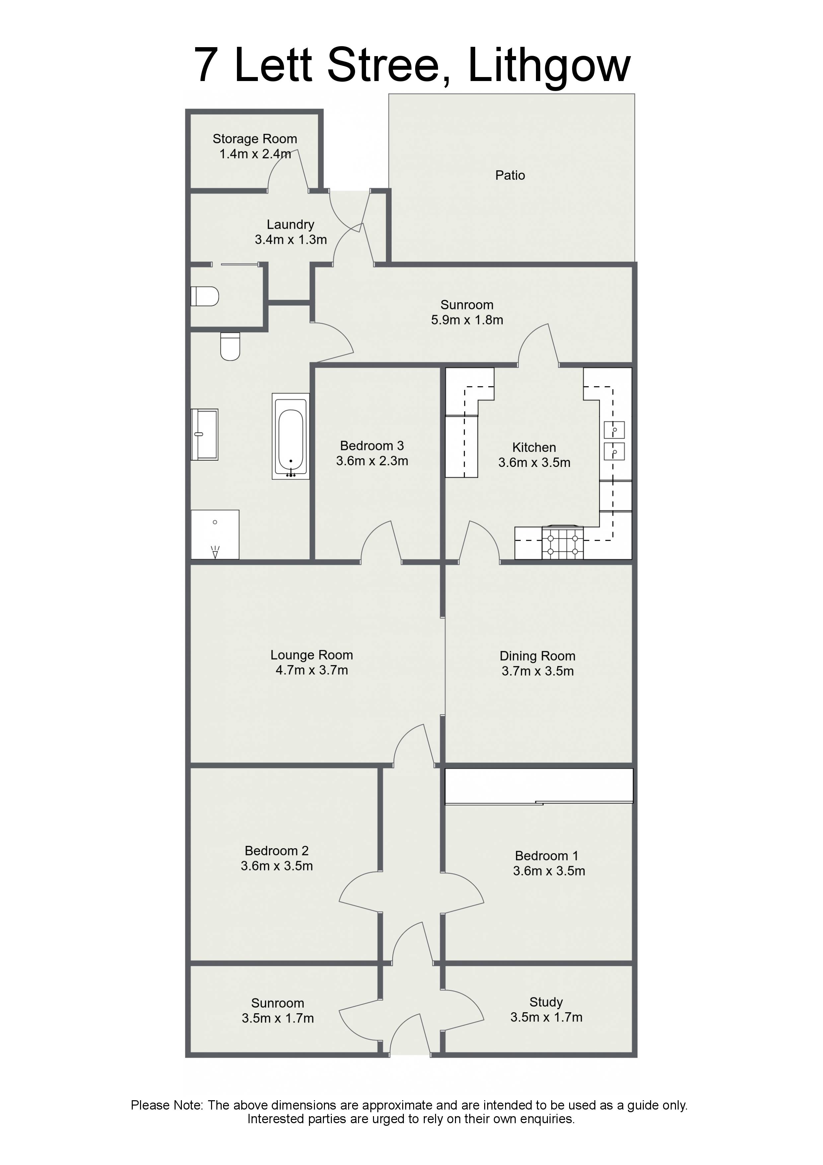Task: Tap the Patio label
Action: click(510, 176)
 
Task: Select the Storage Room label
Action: click(255, 139)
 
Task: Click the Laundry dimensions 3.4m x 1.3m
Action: click(291, 239)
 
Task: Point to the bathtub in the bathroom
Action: click(291, 436)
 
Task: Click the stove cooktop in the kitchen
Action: click(562, 542)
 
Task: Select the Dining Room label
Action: click(538, 657)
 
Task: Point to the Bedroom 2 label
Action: click(276, 851)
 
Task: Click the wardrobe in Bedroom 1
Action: click(539, 786)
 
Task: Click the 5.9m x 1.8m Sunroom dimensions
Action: click(467, 320)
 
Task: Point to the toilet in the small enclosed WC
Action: click(204, 296)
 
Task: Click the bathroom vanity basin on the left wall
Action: click(204, 434)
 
